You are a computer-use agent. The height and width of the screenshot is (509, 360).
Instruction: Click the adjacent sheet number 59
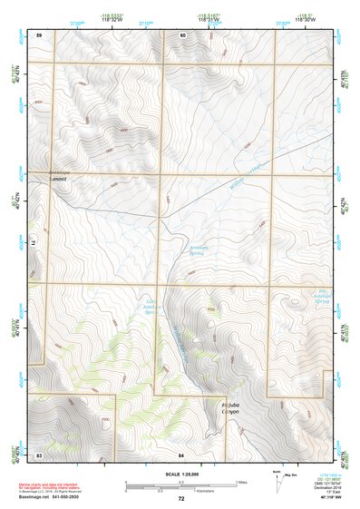coord(39,34)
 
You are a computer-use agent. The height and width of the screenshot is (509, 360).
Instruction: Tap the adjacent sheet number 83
coord(39,452)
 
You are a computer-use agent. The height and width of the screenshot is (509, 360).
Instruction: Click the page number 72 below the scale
coord(181,498)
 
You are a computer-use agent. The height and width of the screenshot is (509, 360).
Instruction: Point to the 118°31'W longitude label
coord(211,19)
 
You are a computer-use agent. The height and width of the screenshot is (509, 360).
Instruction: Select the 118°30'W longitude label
coord(305,19)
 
